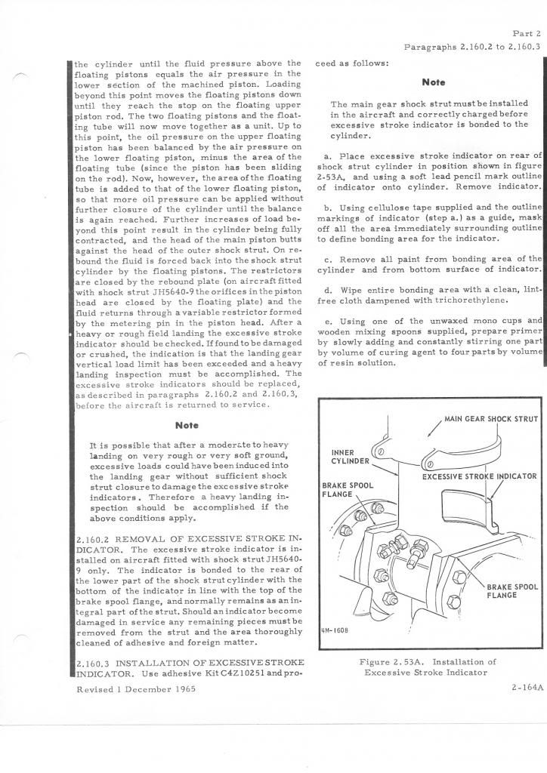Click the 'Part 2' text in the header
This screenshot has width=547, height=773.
[526, 34]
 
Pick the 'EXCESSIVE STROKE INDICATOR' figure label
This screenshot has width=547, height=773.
[479, 476]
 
